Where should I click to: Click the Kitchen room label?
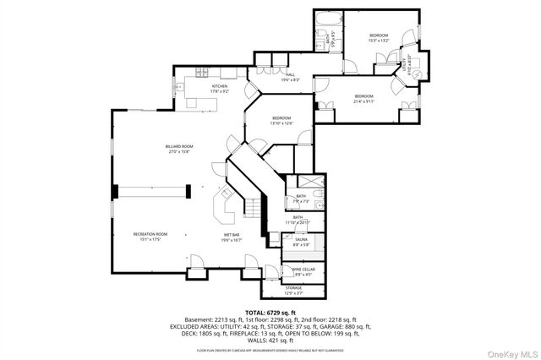(x=220, y=87)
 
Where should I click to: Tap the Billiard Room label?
(x=179, y=150)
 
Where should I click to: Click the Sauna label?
(x=301, y=242)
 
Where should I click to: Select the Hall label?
(x=290, y=77)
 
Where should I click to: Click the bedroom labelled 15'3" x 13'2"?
(x=378, y=37)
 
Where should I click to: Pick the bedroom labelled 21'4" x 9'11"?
(x=364, y=98)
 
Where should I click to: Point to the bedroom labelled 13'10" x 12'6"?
(x=281, y=120)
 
